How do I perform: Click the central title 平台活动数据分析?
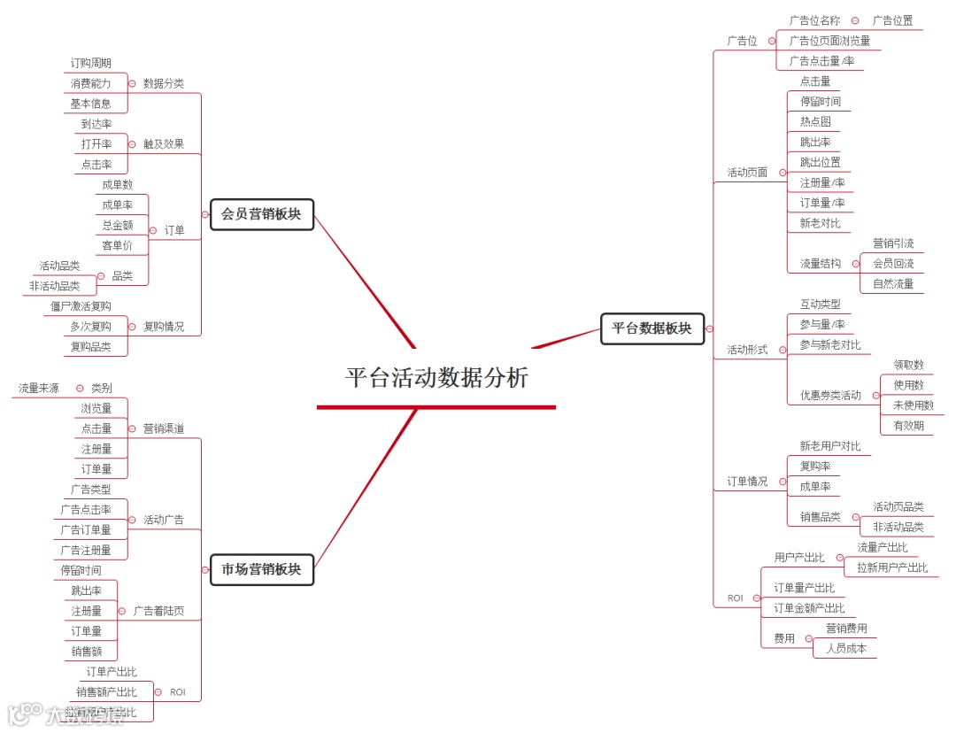coord(436,378)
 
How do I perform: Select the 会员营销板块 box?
coord(261,214)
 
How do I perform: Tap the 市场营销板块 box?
coord(261,569)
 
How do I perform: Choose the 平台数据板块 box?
coord(651,328)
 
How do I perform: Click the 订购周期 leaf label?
coord(91,63)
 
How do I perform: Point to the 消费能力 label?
coord(91,83)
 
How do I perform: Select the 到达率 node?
coord(96,124)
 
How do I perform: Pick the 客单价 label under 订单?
coord(117,245)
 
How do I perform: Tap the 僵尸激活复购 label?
coord(81,306)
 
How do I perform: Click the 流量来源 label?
coord(39,388)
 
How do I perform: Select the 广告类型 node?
coord(91,490)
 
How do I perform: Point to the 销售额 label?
coord(87,652)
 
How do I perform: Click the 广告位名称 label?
coord(814,20)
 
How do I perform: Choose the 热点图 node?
coord(815,122)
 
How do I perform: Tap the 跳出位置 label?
coord(821,163)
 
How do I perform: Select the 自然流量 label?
coord(893,284)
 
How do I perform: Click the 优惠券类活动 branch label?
coord(830,396)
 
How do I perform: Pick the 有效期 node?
coord(908,426)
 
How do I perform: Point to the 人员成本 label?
coord(846,649)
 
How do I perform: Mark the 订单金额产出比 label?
coord(809,608)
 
